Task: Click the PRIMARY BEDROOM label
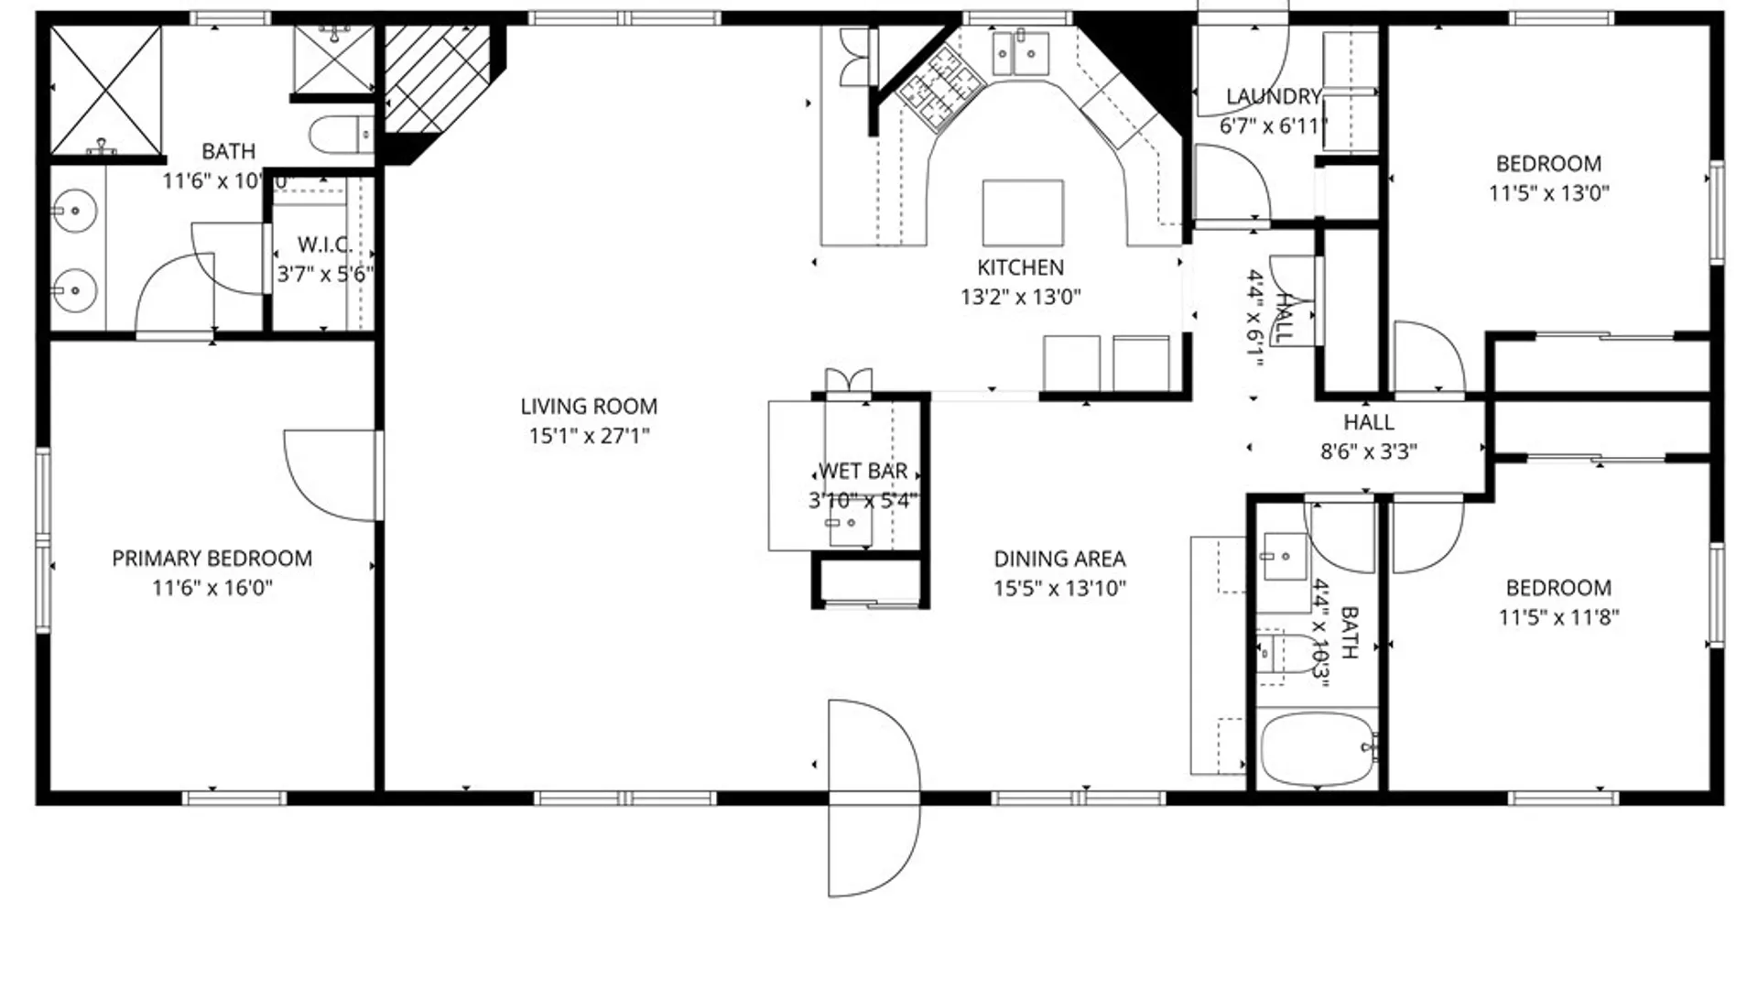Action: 212,558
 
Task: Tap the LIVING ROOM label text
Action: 589,406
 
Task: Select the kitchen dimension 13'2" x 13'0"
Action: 1020,297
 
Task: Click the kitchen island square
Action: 1023,212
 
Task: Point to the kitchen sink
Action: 1020,53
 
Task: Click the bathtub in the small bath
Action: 1317,749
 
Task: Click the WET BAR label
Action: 863,471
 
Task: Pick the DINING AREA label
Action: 1059,559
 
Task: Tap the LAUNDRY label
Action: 1273,96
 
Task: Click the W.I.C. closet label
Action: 325,245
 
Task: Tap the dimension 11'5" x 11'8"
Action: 1558,617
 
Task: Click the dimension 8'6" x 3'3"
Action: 1369,451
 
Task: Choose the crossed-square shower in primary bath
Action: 105,90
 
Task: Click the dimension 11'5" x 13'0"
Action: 1548,193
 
